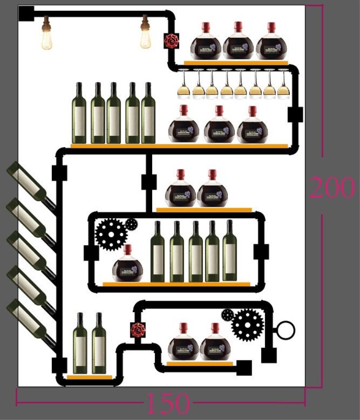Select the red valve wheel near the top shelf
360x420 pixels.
(171, 41)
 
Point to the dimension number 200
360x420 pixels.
(332, 188)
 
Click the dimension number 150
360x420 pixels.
(168, 403)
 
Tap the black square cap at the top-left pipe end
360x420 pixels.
(27, 13)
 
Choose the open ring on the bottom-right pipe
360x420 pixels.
(286, 331)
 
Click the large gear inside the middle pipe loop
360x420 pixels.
(111, 234)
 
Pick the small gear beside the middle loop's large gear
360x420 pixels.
(131, 223)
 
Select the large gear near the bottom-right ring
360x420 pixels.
(247, 325)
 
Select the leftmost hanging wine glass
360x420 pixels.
(184, 85)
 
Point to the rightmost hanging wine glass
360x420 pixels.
(283, 85)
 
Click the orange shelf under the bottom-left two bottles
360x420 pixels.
(89, 377)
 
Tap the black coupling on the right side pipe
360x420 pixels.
(295, 115)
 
